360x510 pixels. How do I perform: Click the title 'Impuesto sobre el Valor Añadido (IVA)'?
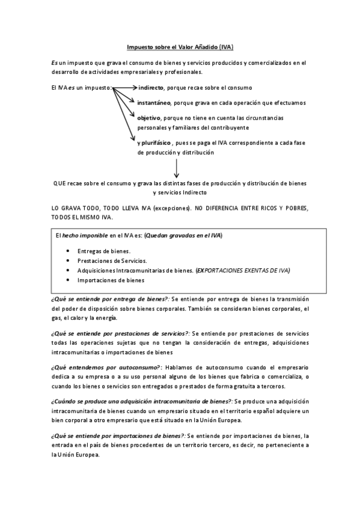(180, 47)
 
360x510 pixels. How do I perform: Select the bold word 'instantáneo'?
(154, 103)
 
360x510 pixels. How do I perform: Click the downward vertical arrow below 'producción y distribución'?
(176, 168)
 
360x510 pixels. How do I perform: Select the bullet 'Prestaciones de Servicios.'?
(112, 260)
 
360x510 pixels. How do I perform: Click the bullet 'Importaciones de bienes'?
(111, 280)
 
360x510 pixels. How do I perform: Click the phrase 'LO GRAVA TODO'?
(78, 208)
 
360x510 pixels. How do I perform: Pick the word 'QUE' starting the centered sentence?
(59, 183)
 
